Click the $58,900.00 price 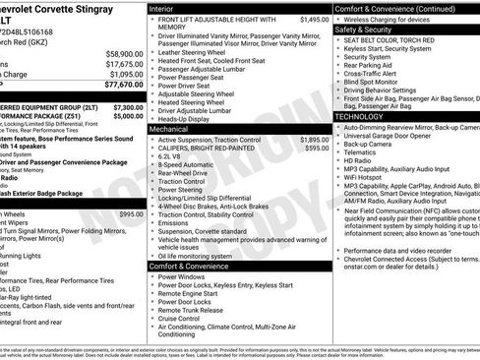pos(124,54)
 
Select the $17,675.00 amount pos(124,64)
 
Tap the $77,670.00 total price pos(124,86)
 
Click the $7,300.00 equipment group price pos(126,106)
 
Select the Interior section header pos(161,8)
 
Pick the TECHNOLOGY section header pos(360,116)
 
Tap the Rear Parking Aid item pos(368,66)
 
